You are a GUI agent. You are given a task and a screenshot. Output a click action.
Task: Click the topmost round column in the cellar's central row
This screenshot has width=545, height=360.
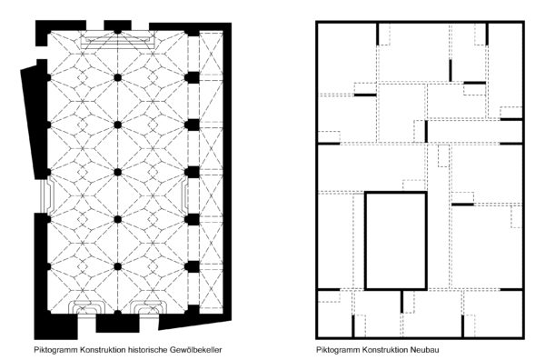click(118, 77)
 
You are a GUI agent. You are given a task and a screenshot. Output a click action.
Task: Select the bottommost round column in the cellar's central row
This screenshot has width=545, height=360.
click(118, 266)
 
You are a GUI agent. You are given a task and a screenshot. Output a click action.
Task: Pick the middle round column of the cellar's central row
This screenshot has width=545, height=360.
click(118, 172)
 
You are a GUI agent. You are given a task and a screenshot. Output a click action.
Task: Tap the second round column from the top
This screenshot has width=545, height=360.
click(118, 125)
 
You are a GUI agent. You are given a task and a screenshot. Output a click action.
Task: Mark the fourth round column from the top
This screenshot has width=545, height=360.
click(118, 219)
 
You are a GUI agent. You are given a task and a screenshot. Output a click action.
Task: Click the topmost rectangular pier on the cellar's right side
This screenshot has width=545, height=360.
click(192, 77)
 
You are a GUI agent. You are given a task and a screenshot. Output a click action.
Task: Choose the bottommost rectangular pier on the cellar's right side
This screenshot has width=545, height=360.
click(192, 266)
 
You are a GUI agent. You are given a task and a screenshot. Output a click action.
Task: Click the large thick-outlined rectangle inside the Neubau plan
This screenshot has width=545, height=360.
click(365, 240)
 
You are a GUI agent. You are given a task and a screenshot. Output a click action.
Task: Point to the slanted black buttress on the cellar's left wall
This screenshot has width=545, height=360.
click(35, 122)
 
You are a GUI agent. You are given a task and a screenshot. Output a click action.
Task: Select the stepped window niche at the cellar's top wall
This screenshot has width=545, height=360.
click(118, 40)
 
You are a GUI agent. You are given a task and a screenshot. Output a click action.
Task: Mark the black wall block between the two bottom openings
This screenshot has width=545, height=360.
click(118, 323)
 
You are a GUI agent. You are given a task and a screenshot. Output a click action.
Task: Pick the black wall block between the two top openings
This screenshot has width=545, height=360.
click(118, 25)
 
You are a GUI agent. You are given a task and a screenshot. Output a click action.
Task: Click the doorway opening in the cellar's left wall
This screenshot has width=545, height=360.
click(45, 195)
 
